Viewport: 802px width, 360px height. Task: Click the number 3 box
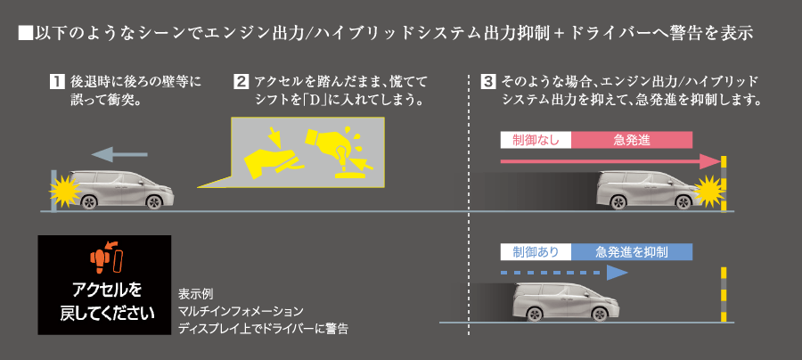pyautogui.click(x=487, y=81)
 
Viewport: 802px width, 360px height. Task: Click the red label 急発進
pyautogui.click(x=633, y=139)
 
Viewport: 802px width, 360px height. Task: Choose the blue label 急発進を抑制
pyautogui.click(x=633, y=252)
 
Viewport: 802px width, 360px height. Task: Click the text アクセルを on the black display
pyautogui.click(x=105, y=290)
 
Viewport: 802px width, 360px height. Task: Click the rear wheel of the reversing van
pyautogui.click(x=90, y=200)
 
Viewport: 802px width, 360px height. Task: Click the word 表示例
pyautogui.click(x=195, y=293)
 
